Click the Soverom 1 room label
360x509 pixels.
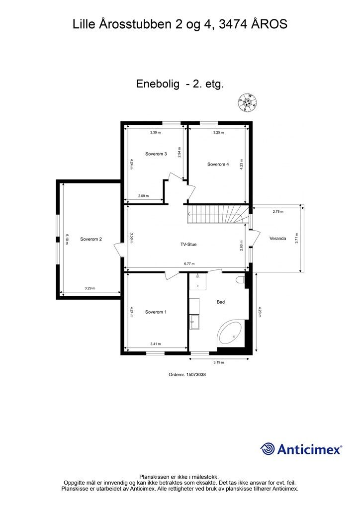point(156,312)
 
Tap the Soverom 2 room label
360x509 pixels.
point(91,239)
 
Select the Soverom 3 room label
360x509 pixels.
point(156,154)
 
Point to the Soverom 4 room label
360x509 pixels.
point(218,164)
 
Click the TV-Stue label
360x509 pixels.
point(188,245)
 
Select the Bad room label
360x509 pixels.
point(221,302)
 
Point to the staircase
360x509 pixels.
point(216,215)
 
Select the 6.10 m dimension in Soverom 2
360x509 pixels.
point(66,239)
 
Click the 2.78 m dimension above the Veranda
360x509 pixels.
point(278,212)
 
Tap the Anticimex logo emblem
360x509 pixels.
point(268,449)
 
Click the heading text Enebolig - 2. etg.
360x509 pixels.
point(180,84)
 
